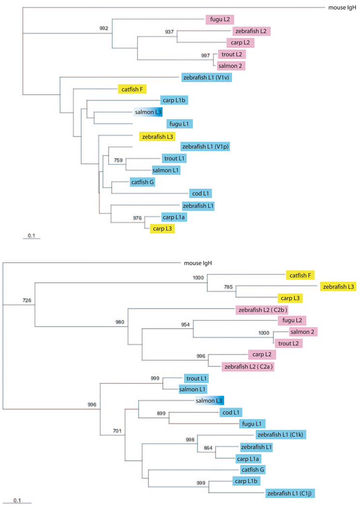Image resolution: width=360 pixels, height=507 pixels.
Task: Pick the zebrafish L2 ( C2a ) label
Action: [x=248, y=366]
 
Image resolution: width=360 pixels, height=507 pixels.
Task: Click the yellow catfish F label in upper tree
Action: [x=132, y=89]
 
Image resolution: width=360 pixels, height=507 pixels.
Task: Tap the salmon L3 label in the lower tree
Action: [x=208, y=401]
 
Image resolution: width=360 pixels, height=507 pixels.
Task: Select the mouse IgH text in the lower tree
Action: [x=198, y=264]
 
